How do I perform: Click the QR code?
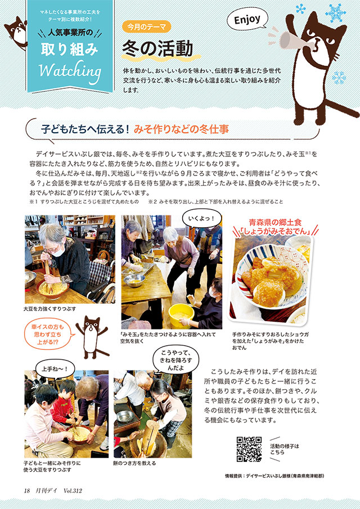click(x=249, y=449)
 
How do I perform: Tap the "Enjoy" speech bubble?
click(x=247, y=20)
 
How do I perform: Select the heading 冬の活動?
click(x=157, y=49)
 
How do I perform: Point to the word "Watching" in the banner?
click(x=70, y=70)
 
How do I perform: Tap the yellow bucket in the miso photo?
click(x=182, y=316)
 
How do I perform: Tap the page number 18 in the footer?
click(x=27, y=490)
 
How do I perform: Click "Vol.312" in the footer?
click(x=73, y=490)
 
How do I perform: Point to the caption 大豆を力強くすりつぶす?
click(x=49, y=309)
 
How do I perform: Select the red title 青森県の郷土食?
click(x=275, y=222)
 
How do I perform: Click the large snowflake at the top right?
click(x=336, y=12)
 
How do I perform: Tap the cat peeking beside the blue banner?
click(x=16, y=32)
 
